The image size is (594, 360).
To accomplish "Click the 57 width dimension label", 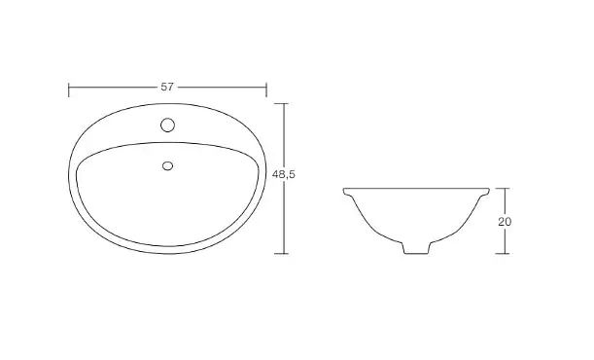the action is [x=167, y=87].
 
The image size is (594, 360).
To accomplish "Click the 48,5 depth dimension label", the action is [x=284, y=174].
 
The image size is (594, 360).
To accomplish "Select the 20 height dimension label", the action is [x=505, y=222].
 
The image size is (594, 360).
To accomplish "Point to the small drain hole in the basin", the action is [x=167, y=166].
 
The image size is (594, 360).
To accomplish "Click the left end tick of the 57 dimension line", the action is [x=69, y=90].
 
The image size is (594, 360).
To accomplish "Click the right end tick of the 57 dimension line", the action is [x=266, y=90].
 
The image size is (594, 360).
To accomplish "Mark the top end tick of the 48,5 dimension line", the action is [x=281, y=103].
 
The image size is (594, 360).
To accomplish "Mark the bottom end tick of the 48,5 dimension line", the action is [x=281, y=254].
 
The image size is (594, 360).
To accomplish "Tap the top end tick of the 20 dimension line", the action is [x=502, y=189].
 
